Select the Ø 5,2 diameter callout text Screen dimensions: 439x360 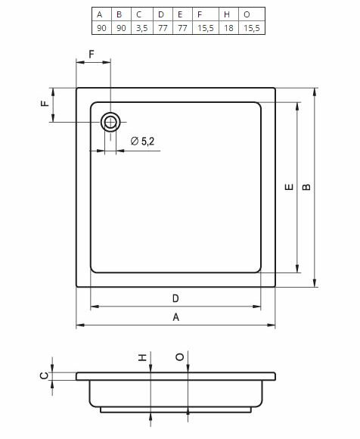[143, 141]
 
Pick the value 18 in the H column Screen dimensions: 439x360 [226, 28]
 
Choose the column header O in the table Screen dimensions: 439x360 [247, 14]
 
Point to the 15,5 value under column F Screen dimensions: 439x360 [204, 28]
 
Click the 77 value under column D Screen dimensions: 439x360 [161, 28]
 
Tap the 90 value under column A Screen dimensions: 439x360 [100, 28]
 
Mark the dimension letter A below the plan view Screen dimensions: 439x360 [176, 318]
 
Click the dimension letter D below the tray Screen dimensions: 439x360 [175, 297]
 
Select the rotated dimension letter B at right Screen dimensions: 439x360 [306, 188]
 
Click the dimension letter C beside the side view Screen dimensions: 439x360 [45, 375]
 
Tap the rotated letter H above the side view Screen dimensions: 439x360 [141, 358]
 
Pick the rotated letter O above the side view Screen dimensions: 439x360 [178, 358]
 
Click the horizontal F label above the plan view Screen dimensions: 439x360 [92, 54]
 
